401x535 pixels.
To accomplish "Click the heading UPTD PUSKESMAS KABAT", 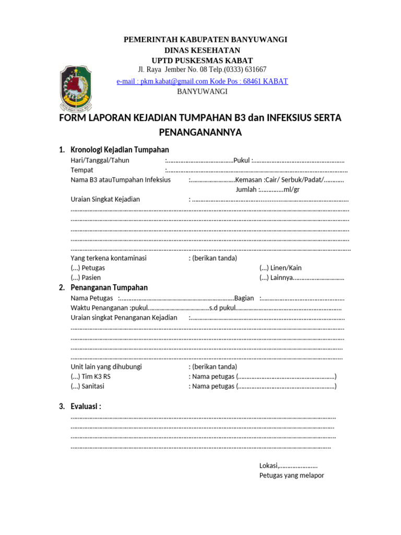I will tap(202, 61).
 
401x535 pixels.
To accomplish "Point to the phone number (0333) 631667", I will tap(245, 69).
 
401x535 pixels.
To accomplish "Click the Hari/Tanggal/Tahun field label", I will tap(100, 160).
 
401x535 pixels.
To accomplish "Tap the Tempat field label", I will tap(82, 170).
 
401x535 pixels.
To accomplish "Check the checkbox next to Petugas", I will tap(75, 268).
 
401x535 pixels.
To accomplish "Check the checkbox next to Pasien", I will tap(75, 277).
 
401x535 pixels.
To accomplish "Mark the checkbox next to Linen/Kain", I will tap(264, 268).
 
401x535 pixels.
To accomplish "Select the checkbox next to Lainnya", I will tap(264, 277).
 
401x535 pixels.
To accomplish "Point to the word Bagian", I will tap(244, 298).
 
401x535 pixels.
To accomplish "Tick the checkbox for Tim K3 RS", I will tap(75, 376).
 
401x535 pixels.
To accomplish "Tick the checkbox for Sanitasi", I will tap(75, 386).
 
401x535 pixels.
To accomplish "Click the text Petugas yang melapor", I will tap(291, 475).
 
